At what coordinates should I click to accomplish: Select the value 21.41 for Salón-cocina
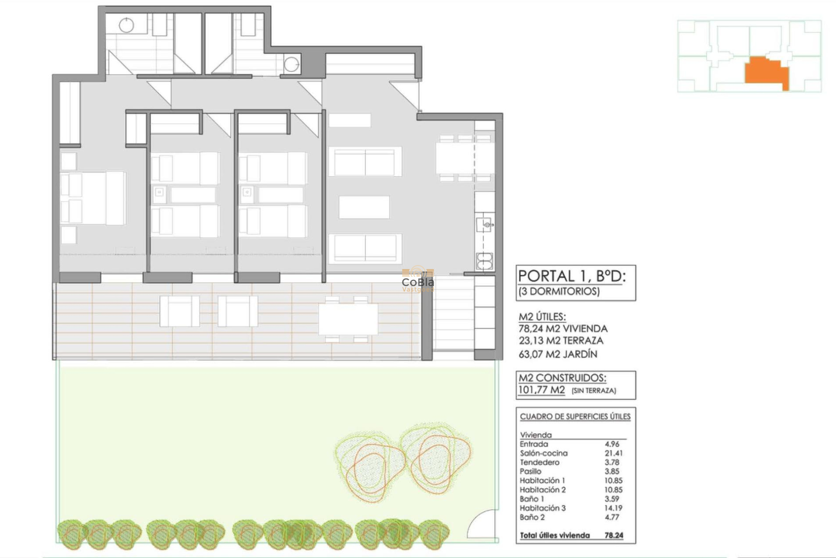click(613, 453)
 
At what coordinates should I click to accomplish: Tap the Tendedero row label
click(539, 463)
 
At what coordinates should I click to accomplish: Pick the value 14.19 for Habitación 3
click(613, 508)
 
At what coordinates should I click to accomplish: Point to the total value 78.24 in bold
click(614, 535)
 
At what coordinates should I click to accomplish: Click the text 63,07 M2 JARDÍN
click(557, 354)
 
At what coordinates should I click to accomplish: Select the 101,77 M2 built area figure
click(541, 390)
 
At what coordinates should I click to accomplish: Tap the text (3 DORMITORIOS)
click(559, 291)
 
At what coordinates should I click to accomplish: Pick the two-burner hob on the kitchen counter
click(484, 262)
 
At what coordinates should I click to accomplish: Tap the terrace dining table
click(348, 319)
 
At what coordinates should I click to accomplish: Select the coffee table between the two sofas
click(364, 207)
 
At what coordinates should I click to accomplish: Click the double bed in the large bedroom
click(94, 198)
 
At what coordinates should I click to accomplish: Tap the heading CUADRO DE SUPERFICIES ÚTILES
click(575, 417)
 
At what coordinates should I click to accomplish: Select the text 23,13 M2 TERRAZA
click(560, 341)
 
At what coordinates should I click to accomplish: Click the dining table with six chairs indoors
click(465, 158)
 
